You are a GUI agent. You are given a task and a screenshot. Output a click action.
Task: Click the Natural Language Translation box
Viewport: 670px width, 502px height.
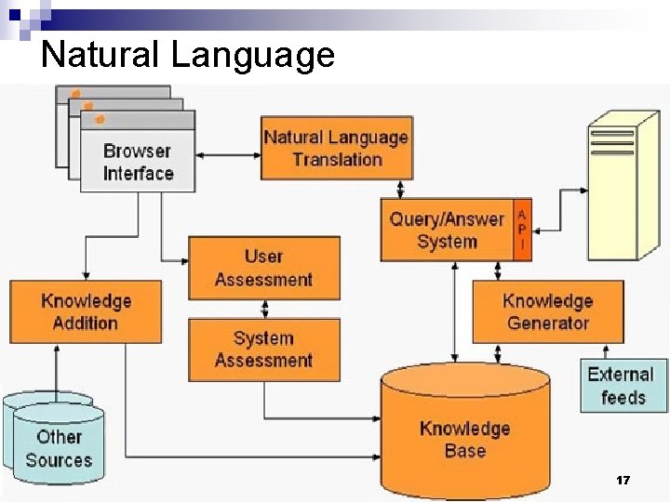(336, 148)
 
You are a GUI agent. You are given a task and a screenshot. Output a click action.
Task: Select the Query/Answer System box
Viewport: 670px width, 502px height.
(447, 231)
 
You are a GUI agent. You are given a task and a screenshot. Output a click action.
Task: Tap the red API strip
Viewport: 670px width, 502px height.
(522, 230)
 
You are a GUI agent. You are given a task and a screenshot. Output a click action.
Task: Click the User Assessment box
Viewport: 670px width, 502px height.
(264, 268)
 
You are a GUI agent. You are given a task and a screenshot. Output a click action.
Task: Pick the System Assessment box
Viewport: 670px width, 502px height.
(264, 350)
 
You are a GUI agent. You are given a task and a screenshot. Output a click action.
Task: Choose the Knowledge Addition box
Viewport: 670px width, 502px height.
(85, 312)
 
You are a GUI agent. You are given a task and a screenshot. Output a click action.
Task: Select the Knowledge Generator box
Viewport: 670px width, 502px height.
(547, 312)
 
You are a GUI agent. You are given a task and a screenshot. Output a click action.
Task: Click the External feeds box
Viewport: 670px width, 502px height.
(623, 386)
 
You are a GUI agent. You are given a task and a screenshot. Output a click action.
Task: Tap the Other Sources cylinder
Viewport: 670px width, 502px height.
(59, 448)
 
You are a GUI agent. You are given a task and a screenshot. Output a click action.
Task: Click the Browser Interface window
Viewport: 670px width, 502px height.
(138, 161)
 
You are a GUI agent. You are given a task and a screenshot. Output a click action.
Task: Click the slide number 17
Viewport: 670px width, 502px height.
(623, 481)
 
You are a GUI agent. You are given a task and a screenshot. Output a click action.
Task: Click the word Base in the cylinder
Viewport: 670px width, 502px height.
(464, 451)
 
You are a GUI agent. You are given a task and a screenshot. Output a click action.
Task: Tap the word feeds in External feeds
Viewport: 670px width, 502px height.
(623, 398)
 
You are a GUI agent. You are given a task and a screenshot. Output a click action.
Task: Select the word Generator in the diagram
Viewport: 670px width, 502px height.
(548, 324)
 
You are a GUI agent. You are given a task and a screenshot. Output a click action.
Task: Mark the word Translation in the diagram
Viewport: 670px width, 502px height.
(337, 159)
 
